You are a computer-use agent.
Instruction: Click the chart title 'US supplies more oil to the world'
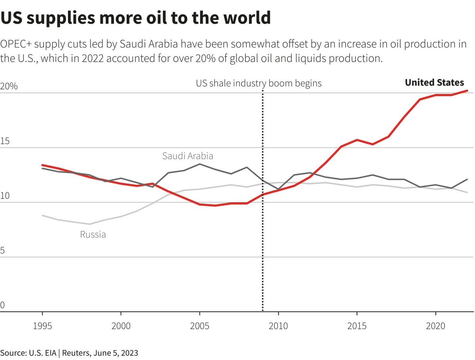[135, 18]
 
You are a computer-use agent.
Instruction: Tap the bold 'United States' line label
[434, 82]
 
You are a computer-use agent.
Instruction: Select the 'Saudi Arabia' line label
[188, 156]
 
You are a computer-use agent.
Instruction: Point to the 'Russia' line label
[93, 234]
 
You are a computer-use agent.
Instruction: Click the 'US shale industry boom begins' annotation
[258, 84]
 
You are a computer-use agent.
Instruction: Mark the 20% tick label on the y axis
[9, 87]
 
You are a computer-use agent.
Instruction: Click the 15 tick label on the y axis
[5, 141]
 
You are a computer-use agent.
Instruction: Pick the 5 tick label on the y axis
[2, 251]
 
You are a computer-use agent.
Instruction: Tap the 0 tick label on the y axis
[2, 305]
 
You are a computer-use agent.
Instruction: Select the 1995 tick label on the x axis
[42, 326]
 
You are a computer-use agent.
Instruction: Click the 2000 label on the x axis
[121, 326]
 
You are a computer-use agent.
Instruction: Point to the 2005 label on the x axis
[199, 326]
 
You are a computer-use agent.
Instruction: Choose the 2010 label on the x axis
[278, 326]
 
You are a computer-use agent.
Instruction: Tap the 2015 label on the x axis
[357, 326]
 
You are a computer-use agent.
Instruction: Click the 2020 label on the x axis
[435, 326]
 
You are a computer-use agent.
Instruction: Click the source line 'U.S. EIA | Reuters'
[69, 352]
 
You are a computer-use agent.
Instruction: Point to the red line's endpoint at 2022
[467, 91]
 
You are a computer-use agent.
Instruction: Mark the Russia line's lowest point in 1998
[89, 224]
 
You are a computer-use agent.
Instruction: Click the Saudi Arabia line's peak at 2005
[199, 164]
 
